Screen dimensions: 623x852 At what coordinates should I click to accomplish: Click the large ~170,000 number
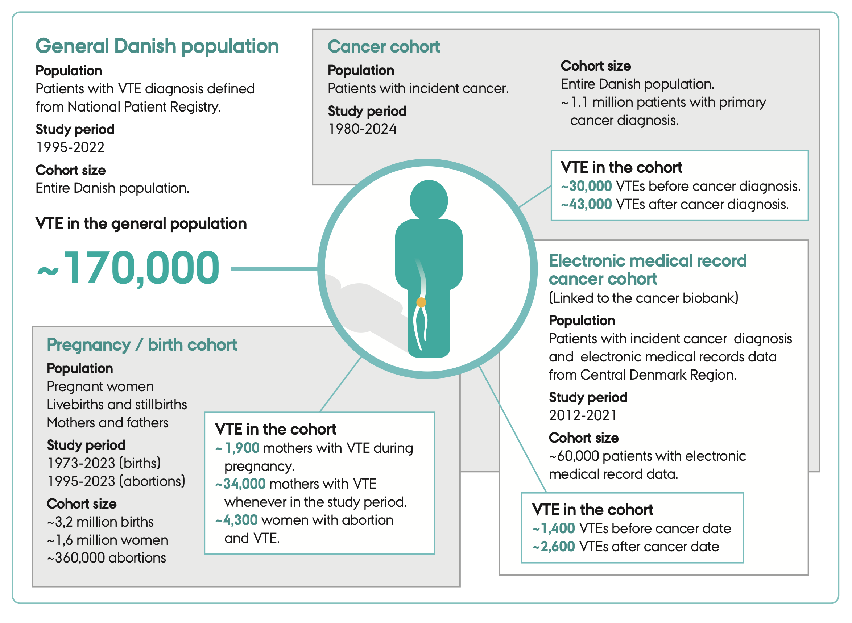point(128,268)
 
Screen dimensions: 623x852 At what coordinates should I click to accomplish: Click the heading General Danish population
point(157,46)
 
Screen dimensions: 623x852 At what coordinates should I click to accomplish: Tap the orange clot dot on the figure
point(421,302)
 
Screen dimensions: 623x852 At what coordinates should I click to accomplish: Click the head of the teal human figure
point(429,200)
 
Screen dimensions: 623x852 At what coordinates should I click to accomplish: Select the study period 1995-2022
point(70,147)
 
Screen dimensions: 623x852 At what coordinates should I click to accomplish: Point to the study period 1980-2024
point(362,129)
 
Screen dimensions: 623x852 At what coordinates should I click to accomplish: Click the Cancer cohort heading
point(383,47)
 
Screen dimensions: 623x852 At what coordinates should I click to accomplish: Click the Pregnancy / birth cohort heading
point(141,345)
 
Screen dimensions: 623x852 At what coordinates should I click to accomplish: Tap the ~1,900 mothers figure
point(238,448)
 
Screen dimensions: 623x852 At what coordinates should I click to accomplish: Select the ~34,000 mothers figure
point(240,484)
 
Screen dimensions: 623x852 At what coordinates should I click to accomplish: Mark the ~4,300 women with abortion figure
point(237,520)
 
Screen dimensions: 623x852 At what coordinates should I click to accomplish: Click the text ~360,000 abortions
point(107,558)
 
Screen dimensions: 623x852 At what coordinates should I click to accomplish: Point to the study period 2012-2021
point(583,415)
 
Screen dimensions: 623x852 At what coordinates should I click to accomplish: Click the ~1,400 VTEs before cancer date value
point(554,528)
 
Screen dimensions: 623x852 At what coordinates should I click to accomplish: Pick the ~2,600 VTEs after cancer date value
point(554,547)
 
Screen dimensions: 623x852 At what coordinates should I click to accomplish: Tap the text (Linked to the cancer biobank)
point(643,298)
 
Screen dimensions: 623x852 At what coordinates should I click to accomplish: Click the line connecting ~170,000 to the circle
point(274,269)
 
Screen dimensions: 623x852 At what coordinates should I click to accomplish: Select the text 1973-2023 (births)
point(104,463)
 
